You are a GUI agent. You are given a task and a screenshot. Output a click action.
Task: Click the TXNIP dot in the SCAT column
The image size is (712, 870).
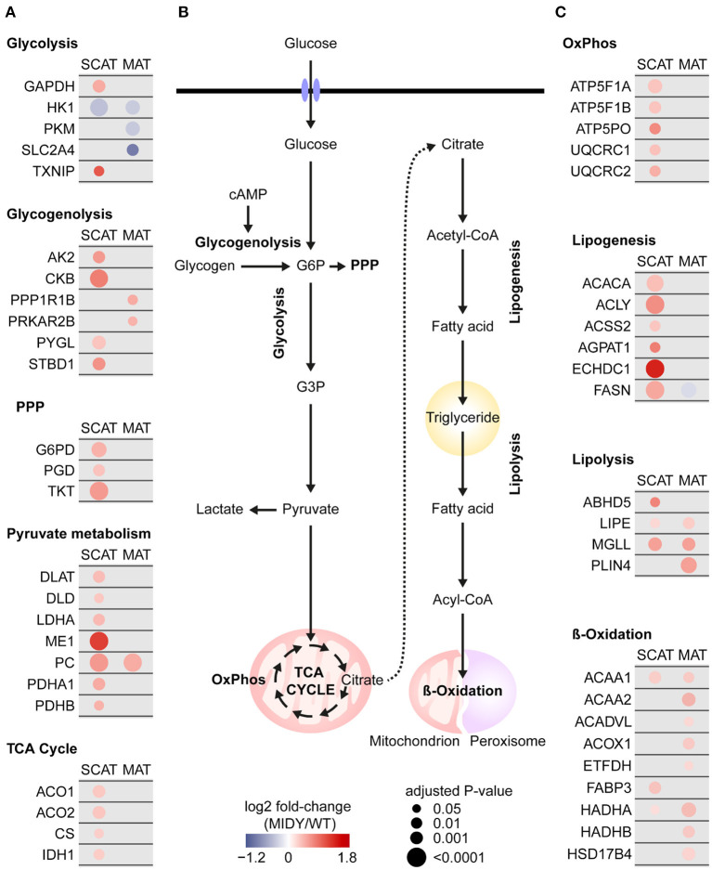[97, 171]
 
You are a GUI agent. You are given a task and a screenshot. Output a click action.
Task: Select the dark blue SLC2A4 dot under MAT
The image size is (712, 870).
[133, 150]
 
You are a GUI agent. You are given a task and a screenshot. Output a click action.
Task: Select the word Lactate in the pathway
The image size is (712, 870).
[219, 510]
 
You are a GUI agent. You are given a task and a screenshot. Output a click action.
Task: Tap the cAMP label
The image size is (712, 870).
[246, 196]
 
